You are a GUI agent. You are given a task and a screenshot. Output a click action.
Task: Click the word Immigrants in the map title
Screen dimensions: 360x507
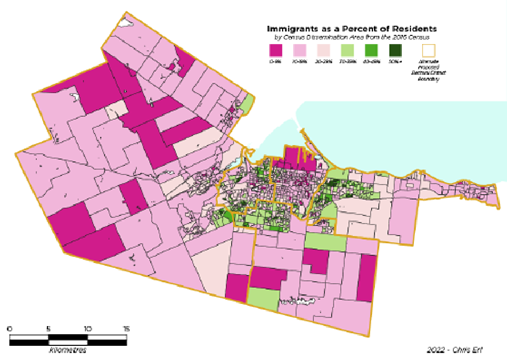click(290, 28)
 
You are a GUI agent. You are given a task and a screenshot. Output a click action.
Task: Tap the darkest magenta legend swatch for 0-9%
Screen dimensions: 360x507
click(275, 51)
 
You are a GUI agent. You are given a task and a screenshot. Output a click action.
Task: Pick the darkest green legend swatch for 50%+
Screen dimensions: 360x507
click(395, 51)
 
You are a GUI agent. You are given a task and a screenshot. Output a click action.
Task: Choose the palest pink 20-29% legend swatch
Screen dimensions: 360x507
click(323, 51)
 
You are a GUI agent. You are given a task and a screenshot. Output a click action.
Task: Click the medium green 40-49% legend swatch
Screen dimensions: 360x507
click(371, 51)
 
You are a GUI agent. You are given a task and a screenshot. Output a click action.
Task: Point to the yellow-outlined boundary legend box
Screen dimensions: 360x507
click(429, 51)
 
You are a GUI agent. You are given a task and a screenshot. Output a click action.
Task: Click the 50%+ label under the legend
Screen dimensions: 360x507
click(395, 62)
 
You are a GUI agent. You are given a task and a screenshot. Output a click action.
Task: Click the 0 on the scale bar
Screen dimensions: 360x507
click(10, 329)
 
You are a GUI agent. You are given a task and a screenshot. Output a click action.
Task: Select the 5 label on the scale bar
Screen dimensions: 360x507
click(48, 329)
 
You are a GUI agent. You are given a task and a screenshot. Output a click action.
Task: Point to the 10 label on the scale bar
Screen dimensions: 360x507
click(87, 329)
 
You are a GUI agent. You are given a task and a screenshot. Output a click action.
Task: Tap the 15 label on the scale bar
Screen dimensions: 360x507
click(126, 329)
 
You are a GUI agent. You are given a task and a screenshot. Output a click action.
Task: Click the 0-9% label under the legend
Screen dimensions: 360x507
click(275, 62)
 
